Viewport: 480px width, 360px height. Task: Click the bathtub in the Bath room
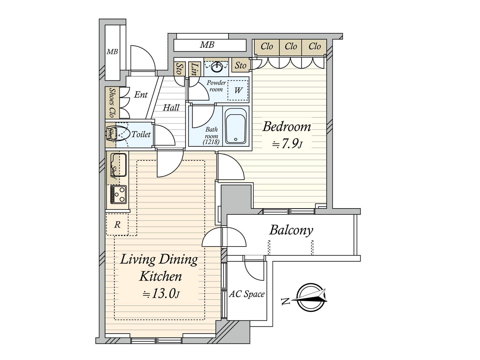[236, 126]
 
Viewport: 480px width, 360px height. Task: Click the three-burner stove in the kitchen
[118, 194]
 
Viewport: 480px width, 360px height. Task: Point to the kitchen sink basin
[118, 164]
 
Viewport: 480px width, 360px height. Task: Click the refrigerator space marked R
[117, 224]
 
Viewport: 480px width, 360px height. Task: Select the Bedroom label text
[286, 127]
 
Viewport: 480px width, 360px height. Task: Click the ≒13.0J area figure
[161, 294]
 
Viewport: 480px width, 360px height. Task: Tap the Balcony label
[291, 230]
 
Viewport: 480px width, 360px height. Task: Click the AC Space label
[247, 294]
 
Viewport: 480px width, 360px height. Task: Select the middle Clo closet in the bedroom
[291, 46]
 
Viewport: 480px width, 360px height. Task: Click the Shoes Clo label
[112, 103]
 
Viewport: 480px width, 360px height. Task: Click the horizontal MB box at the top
[210, 45]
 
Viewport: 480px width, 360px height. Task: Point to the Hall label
[171, 108]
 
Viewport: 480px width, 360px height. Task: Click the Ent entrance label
[141, 95]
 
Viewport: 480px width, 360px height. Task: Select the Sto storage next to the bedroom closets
[241, 65]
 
